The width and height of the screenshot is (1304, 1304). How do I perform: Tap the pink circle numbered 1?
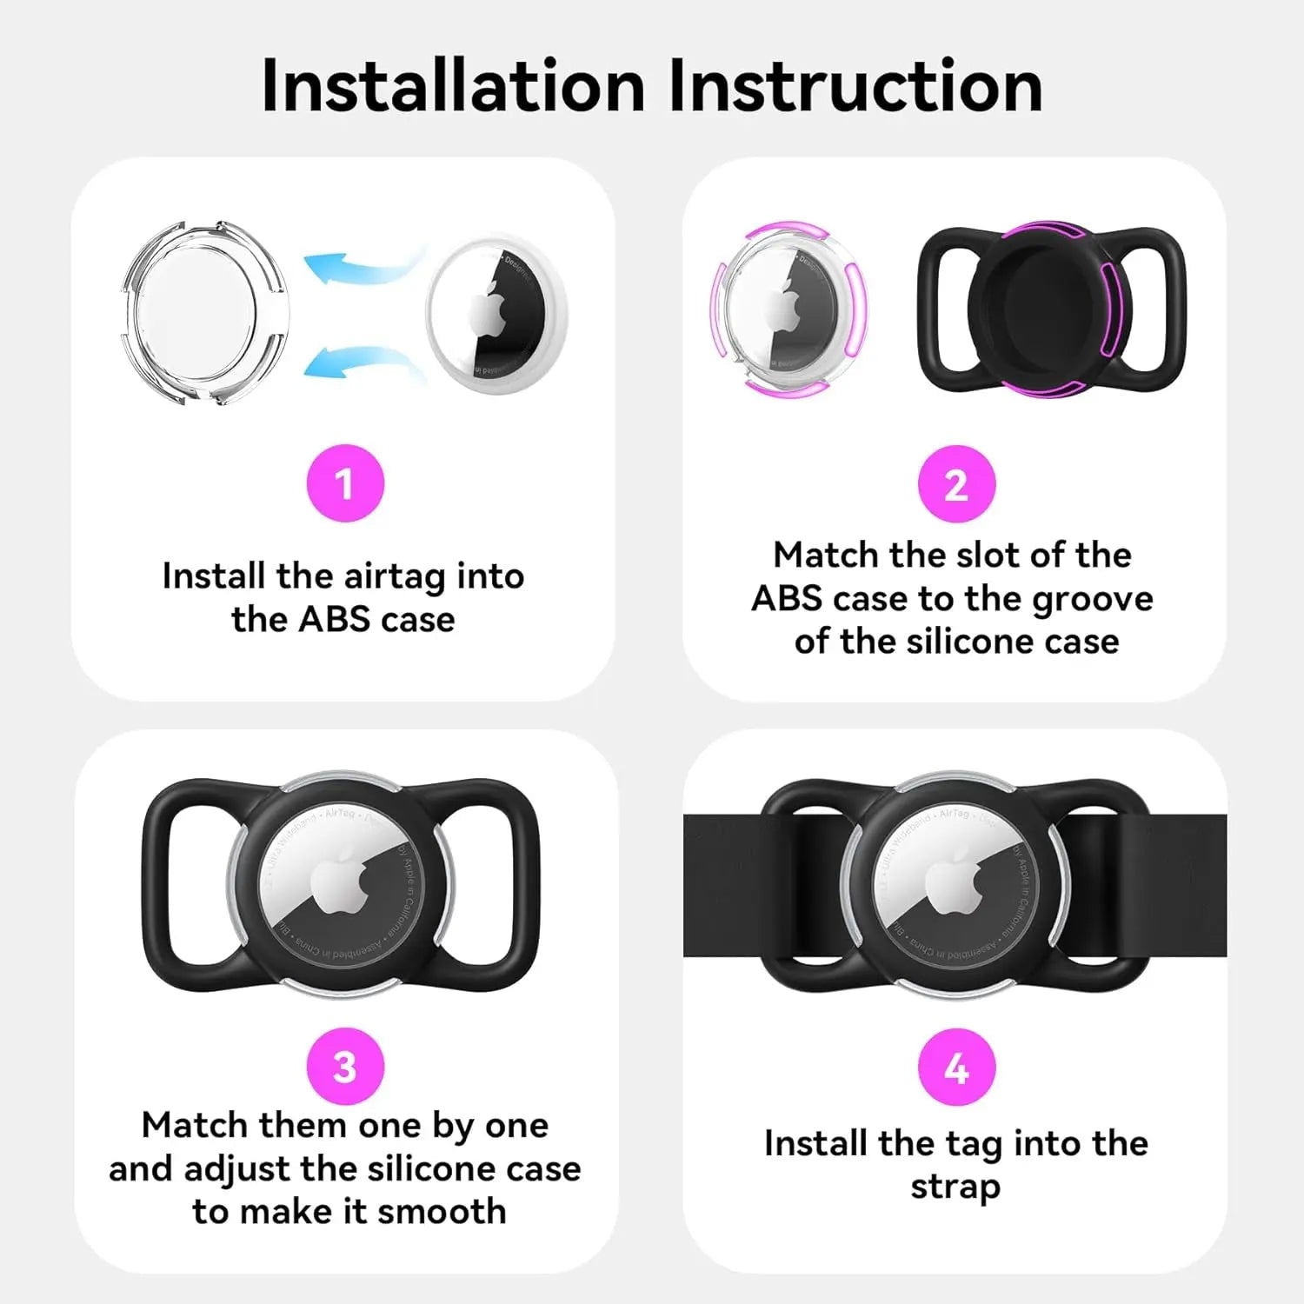[345, 483]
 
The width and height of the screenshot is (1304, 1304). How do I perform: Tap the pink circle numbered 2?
[956, 484]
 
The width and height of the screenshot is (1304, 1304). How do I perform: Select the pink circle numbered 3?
[345, 1067]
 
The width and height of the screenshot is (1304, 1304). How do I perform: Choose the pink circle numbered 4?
[956, 1068]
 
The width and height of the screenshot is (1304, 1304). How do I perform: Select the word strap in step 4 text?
[955, 1187]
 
